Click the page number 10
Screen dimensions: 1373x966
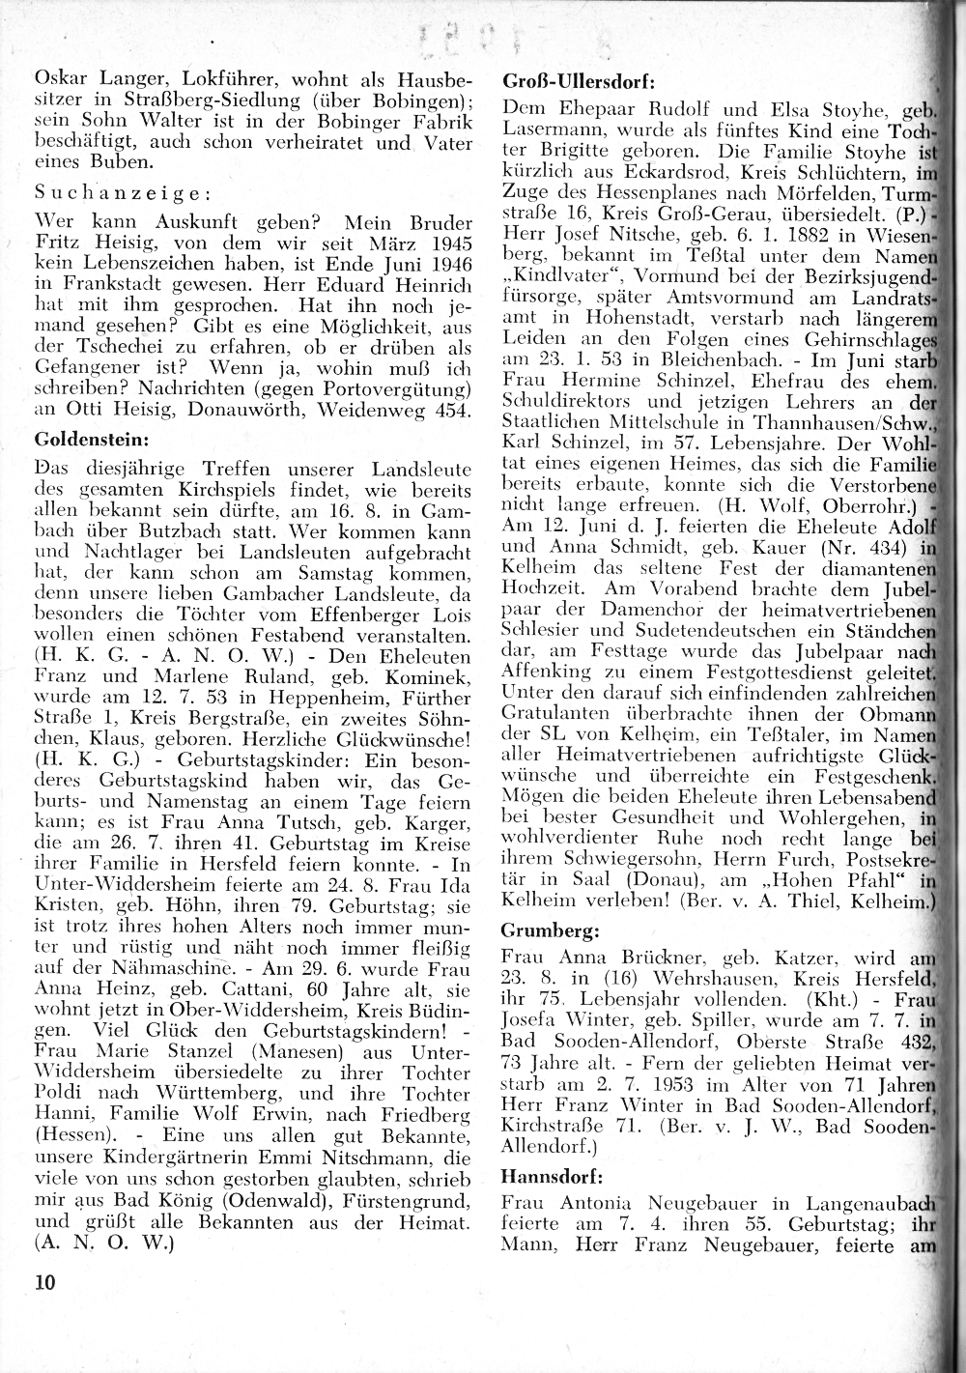click(44, 1283)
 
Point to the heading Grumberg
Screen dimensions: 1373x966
click(549, 931)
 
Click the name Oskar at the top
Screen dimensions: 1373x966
click(60, 81)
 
